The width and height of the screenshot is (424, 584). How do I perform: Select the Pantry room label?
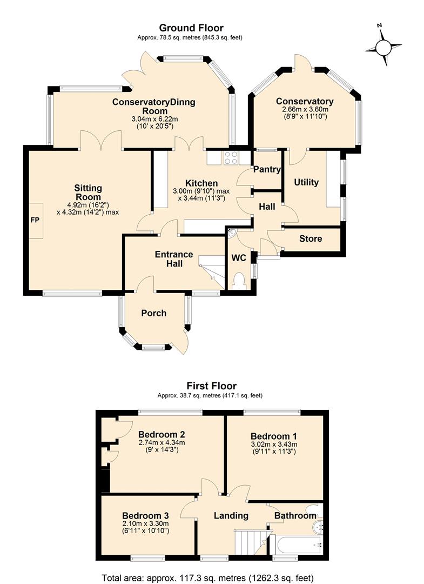(267, 170)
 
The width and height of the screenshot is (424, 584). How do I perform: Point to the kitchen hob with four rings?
(231, 157)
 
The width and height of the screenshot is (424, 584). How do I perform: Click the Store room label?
(310, 238)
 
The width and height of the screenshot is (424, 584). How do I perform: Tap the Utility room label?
(306, 182)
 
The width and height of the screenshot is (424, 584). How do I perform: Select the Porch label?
(153, 313)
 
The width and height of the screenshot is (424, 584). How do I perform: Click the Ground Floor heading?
(191, 28)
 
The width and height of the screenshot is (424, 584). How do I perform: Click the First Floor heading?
(211, 386)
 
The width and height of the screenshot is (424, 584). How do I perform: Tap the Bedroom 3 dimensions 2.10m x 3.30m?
(145, 523)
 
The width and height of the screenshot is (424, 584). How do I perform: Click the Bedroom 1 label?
(273, 436)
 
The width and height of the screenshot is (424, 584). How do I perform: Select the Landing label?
(231, 515)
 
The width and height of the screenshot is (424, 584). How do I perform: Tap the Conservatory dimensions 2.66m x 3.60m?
(305, 109)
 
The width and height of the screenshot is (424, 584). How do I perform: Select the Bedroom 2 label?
(161, 434)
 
